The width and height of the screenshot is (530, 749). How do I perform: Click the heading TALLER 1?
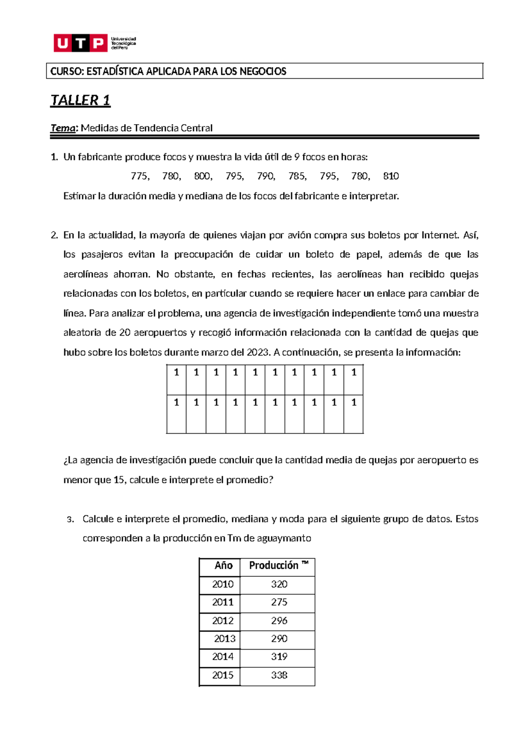click(80, 100)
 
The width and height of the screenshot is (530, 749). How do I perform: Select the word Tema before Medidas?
click(63, 128)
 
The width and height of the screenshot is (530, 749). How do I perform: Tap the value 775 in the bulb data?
click(139, 176)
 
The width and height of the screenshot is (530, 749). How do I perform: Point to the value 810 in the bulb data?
click(391, 176)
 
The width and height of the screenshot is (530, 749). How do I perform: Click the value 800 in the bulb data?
click(202, 176)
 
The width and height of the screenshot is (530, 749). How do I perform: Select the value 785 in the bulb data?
click(297, 176)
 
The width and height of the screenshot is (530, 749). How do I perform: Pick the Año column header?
click(223, 566)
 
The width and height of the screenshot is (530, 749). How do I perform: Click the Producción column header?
click(274, 566)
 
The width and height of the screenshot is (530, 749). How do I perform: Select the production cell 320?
click(279, 584)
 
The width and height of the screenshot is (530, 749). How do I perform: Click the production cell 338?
click(279, 675)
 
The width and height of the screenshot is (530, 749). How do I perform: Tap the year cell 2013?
click(225, 639)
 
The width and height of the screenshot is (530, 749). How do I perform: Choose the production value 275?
click(279, 602)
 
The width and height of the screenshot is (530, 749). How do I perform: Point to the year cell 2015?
click(223, 675)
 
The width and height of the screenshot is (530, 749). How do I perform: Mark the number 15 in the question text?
click(119, 480)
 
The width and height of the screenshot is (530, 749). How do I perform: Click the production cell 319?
click(279, 657)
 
